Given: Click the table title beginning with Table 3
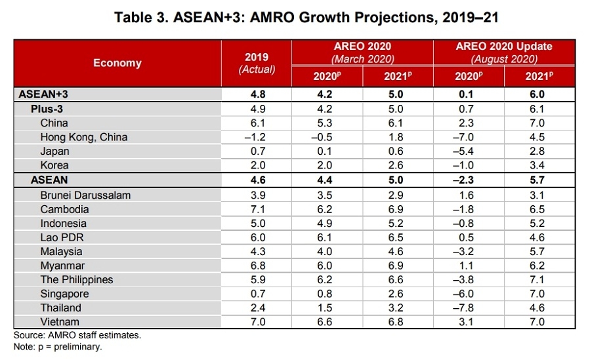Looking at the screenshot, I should tap(295, 18).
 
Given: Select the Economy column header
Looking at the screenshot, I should tap(117, 63).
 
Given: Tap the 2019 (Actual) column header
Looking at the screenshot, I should tap(257, 63).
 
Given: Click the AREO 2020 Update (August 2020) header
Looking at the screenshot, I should tap(504, 52).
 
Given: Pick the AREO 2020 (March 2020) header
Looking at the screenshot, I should tap(362, 52).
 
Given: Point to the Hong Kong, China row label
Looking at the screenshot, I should tap(83, 137).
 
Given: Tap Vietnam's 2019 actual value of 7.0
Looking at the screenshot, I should tap(257, 322).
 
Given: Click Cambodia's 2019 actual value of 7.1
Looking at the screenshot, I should tap(257, 209).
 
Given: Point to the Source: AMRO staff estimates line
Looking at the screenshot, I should tap(77, 335).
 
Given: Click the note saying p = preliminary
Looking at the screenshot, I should tap(58, 346).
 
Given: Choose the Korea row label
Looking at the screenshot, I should tap(54, 165).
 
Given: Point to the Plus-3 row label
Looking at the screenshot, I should tap(48, 109).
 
